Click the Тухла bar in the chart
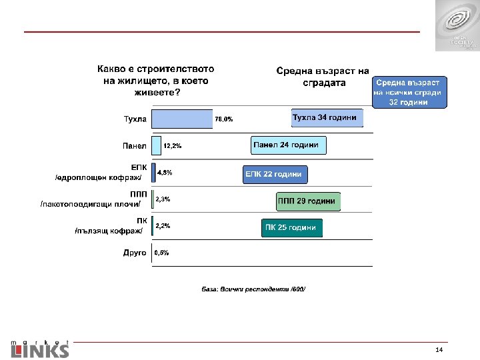click(181, 119)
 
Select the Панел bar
click(157, 145)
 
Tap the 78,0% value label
click(224, 119)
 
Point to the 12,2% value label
click(173, 145)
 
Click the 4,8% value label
click(164, 173)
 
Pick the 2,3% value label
click(163, 199)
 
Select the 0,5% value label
click(161, 253)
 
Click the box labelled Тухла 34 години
click(327, 118)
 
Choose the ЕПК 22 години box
click(275, 175)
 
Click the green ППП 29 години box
click(307, 201)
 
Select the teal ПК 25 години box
click(291, 228)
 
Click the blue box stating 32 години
click(410, 92)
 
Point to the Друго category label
click(135, 253)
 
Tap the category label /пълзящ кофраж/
click(109, 231)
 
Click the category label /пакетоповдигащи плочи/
click(91, 203)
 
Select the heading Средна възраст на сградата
click(322, 77)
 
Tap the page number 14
click(438, 351)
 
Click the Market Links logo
click(40, 347)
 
